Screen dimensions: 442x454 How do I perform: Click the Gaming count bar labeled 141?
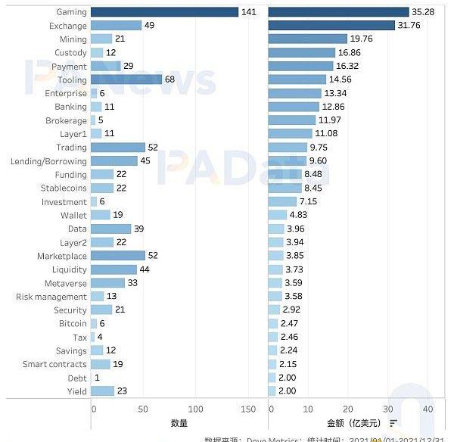tap(164, 12)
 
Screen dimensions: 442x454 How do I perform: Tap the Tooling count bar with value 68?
tap(126, 79)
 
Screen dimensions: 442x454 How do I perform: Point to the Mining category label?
tap(73, 39)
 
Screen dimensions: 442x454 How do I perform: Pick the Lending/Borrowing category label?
tap(48, 161)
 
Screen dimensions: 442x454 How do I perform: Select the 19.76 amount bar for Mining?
tap(308, 39)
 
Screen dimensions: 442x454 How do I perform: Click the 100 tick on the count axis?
tap(196, 408)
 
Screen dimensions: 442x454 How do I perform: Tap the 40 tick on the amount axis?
tap(428, 408)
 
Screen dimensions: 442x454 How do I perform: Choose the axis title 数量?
tap(179, 423)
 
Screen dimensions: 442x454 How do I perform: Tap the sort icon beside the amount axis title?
tap(394, 423)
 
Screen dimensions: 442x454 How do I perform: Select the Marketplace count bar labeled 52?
tap(117, 256)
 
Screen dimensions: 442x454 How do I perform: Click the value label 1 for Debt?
tap(97, 378)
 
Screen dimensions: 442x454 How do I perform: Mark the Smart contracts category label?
tap(54, 364)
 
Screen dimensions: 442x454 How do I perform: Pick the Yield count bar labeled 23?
tap(102, 391)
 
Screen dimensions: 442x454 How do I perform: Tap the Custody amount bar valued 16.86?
tap(302, 53)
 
